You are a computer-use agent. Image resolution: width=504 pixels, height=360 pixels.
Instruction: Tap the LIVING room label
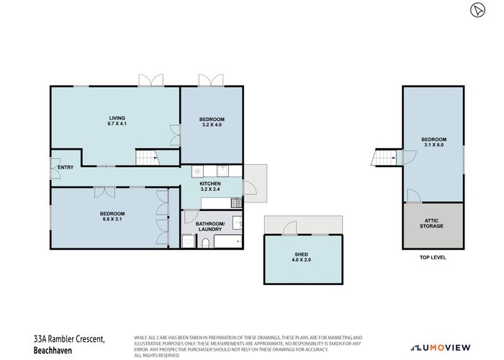coord(117,117)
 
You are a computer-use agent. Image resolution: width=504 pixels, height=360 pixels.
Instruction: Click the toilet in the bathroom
coord(206,243)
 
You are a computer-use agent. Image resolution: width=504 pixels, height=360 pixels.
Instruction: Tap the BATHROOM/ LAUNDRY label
coord(211,227)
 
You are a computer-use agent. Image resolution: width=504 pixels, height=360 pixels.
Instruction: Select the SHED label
coord(301,254)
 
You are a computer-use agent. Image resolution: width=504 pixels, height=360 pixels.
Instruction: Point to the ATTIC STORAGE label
coord(432,223)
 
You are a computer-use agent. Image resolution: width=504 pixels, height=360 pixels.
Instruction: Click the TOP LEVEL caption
coord(432,257)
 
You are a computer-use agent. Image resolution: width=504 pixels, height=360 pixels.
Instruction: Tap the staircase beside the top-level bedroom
coord(384,157)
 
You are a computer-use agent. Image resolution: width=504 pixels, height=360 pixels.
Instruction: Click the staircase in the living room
coord(146,158)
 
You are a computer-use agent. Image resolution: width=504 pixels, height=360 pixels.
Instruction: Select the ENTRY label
coord(66,168)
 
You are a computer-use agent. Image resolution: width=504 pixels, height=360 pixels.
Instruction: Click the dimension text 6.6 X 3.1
coord(113,220)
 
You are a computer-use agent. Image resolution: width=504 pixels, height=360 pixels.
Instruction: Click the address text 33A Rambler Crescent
coord(70,338)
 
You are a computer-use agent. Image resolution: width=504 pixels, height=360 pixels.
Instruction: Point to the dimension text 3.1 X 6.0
coord(434,145)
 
